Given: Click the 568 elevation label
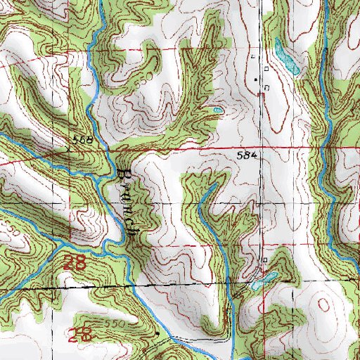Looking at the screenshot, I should (x=83, y=141).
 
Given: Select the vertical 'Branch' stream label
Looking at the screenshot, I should (x=127, y=204).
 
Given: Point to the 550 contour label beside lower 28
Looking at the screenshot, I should (x=105, y=323).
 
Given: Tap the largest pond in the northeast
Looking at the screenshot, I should (x=286, y=59).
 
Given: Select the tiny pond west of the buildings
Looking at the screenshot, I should (x=218, y=110).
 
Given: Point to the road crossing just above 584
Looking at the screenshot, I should (x=262, y=148).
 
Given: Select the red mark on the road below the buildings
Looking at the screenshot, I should (x=262, y=95).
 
